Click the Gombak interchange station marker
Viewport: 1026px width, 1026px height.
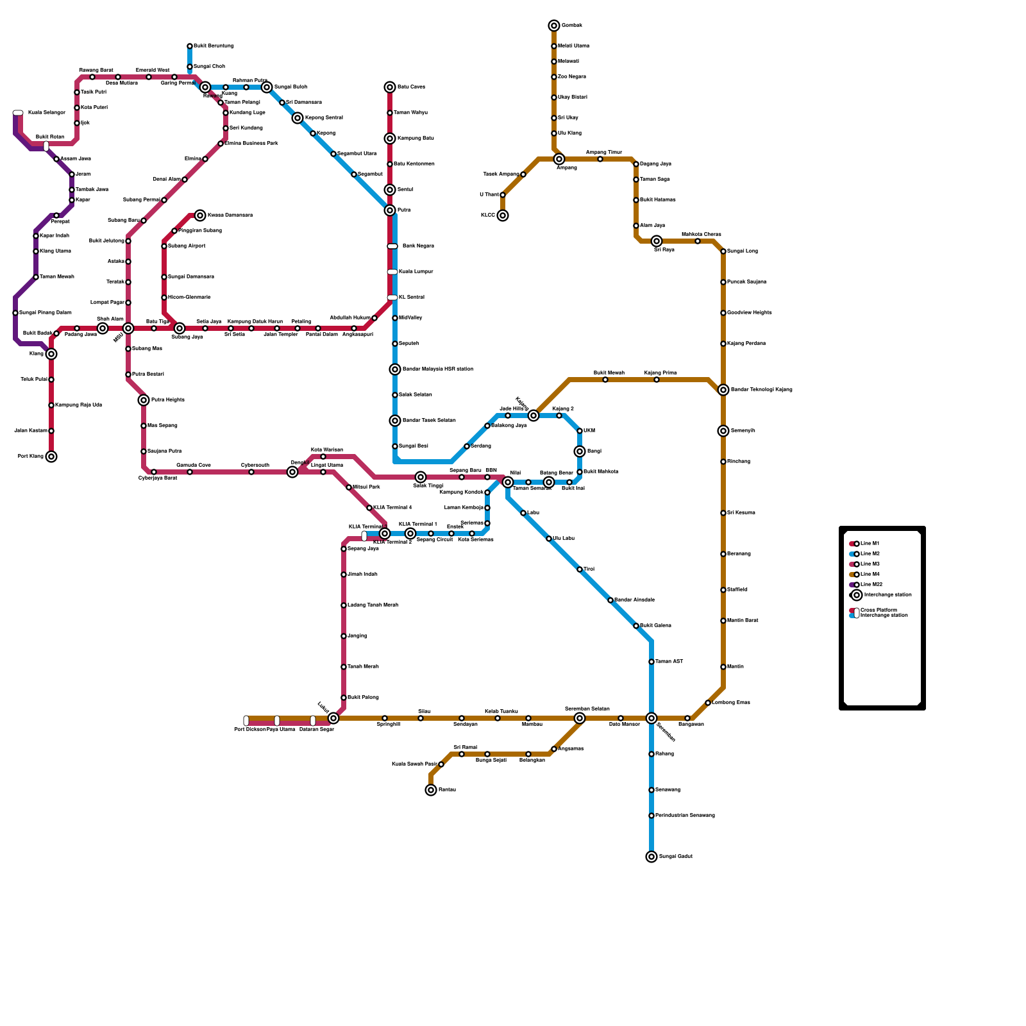(x=554, y=26)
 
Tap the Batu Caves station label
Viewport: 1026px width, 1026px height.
(x=411, y=87)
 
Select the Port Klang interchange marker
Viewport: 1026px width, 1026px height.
(x=51, y=457)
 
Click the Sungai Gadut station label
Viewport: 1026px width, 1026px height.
(x=675, y=857)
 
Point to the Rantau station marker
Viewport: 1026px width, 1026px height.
(x=431, y=790)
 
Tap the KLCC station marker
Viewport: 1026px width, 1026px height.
(x=503, y=215)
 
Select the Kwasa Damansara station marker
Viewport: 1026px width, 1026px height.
(x=200, y=215)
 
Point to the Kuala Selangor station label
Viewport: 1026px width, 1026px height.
(x=47, y=113)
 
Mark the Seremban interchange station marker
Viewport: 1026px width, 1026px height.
(x=652, y=718)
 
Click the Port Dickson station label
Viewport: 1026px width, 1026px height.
(x=249, y=729)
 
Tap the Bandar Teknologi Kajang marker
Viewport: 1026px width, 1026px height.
(x=723, y=390)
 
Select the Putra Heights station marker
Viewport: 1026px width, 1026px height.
(x=144, y=400)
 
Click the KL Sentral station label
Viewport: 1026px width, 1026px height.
(x=411, y=298)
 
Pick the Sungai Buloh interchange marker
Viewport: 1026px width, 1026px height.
(x=267, y=87)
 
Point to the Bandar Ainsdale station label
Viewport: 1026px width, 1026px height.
(x=634, y=600)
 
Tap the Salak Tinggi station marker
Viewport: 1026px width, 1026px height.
(x=421, y=477)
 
